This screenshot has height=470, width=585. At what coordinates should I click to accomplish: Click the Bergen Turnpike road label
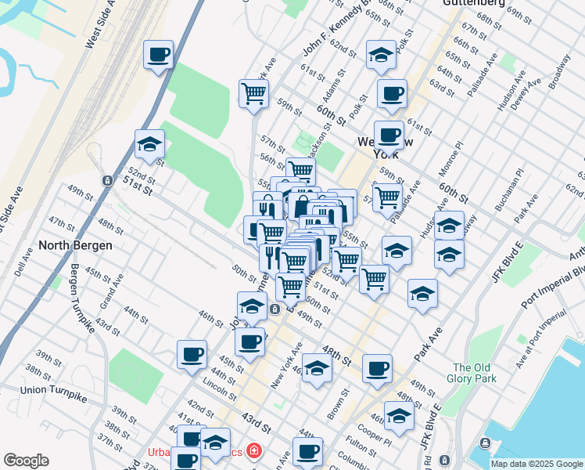click(84, 298)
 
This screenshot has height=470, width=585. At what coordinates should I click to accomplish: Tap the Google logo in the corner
click(26, 460)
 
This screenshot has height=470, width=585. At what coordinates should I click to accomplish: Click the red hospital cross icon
click(253, 450)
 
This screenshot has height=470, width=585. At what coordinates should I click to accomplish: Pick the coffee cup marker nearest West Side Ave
click(159, 56)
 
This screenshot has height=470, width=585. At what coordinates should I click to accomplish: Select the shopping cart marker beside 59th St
click(254, 95)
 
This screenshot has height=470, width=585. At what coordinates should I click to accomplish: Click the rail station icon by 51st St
click(106, 180)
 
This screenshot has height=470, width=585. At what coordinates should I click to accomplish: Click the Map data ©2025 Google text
click(536, 463)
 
